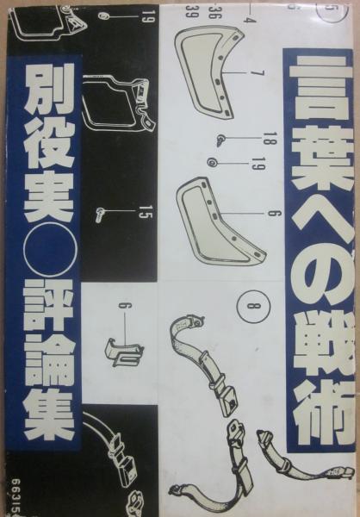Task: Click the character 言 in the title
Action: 320,87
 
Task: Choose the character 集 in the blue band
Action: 49,414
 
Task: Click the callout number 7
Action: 260,73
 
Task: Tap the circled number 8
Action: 253,306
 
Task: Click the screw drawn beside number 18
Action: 220,140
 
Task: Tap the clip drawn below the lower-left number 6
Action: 124,352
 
